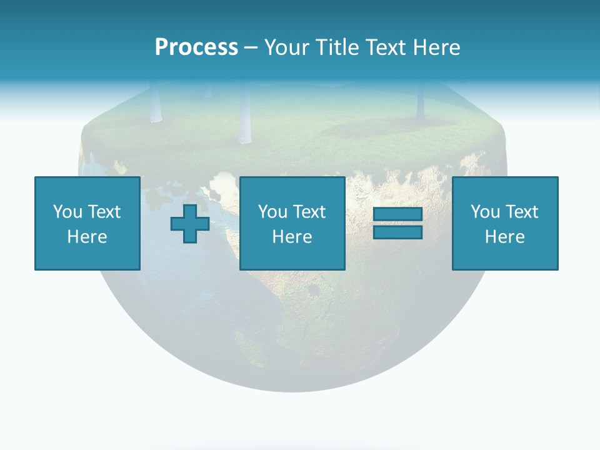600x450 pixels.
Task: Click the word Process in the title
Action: [x=196, y=47]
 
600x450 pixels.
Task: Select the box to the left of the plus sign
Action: [x=87, y=223]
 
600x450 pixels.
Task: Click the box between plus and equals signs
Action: [x=292, y=223]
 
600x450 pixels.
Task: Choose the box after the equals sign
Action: [x=505, y=223]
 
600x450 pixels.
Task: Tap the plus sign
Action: [x=190, y=223]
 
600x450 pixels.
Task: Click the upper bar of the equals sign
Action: [x=397, y=214]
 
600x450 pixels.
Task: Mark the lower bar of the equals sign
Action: [x=397, y=232]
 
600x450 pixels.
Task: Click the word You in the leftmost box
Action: [x=67, y=211]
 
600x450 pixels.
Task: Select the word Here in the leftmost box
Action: [x=87, y=237]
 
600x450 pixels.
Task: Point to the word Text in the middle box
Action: [x=309, y=211]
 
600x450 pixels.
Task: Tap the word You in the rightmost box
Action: [x=484, y=211]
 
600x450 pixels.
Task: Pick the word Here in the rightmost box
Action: [x=505, y=237]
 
